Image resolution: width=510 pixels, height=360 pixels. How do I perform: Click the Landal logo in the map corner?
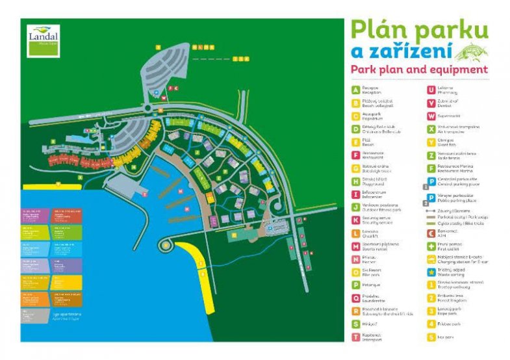pos(43,41)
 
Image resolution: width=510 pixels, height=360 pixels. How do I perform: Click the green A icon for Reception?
pos(355,90)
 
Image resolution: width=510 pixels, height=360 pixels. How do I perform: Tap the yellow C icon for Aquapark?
pos(355,116)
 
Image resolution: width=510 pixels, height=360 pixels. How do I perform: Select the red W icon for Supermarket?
pos(431,116)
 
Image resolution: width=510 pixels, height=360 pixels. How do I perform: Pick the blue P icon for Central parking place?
pos(431,181)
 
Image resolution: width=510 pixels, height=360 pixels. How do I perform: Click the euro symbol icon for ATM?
pos(431,233)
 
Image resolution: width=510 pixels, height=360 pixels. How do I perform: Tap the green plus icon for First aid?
pos(431,246)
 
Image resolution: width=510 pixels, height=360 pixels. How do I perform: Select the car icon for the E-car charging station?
pos(431,259)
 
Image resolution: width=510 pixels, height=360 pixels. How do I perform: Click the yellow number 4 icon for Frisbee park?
pos(431,324)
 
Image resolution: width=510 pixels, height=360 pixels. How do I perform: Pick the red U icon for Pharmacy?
pos(431,90)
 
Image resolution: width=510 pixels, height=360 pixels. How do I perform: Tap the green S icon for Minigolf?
pos(355,324)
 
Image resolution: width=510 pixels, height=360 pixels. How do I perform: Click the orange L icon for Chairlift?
pos(355,233)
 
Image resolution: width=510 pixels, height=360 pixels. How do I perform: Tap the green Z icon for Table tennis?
pos(431,155)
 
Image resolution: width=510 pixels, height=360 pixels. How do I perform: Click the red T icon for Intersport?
pos(355,337)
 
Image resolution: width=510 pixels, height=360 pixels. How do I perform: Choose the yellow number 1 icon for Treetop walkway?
pos(431,285)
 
